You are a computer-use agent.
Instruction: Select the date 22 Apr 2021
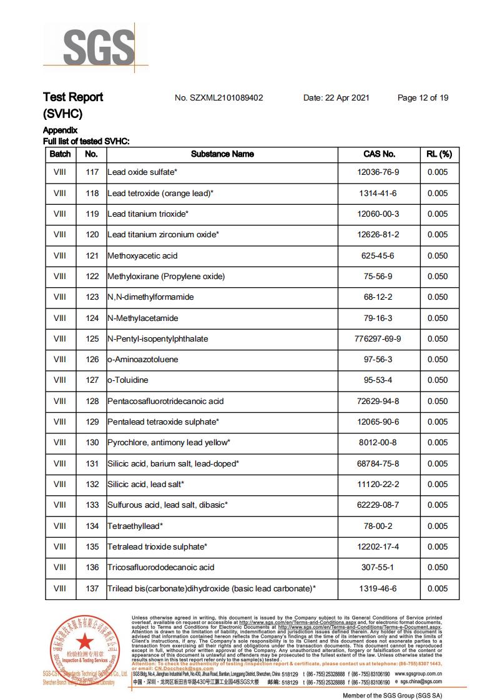pos(336,97)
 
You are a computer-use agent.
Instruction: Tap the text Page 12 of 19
pos(423,97)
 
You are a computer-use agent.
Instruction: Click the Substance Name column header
pos(222,154)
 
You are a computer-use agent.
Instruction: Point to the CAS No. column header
pos(379,154)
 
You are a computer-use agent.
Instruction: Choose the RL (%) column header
pos(438,154)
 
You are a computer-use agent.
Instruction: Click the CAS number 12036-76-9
pos(379,172)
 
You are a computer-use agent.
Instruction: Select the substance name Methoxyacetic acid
pos(142,255)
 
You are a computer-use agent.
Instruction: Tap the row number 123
pos(92,297)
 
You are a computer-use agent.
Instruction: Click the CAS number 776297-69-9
pos(379,338)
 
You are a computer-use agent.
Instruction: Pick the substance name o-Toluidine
pos(128,380)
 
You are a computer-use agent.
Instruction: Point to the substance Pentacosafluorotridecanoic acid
pos(165,401)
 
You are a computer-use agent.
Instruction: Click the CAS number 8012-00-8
pos(379,443)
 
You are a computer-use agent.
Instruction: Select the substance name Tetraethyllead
pos(135,526)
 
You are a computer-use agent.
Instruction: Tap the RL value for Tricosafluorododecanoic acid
pos(438,568)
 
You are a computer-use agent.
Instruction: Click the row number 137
pos(92,588)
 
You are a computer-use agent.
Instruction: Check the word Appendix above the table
pos(60,131)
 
